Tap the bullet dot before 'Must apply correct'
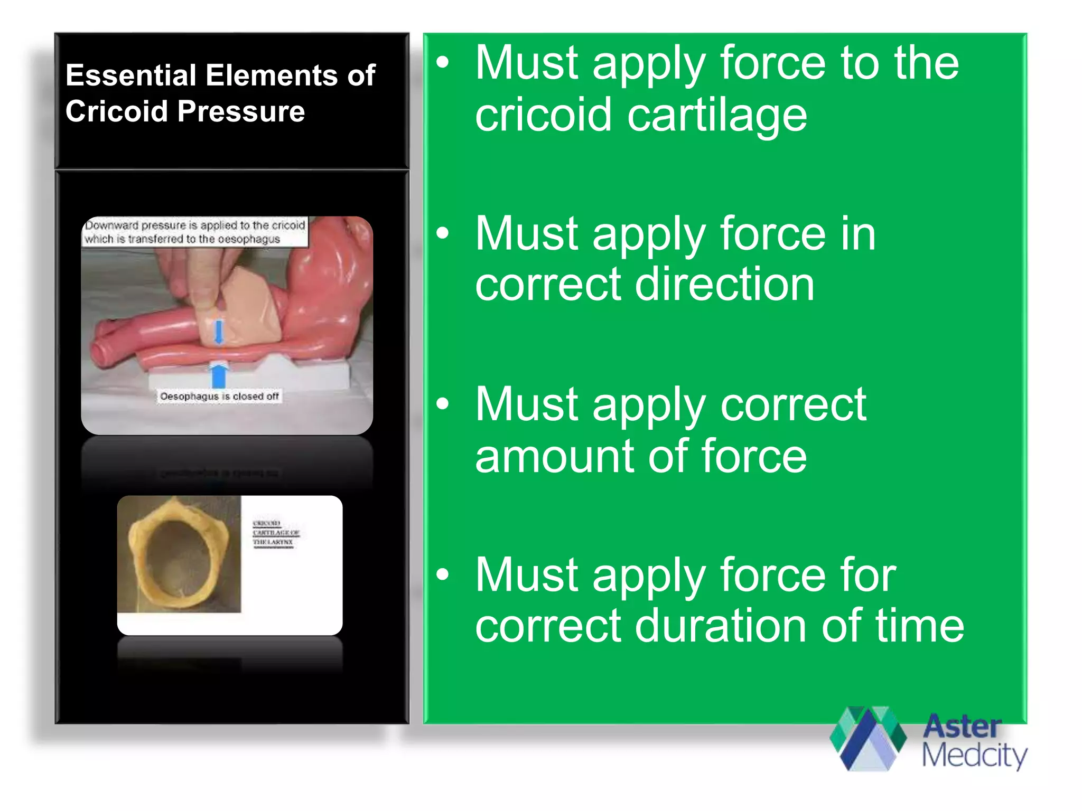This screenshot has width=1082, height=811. [443, 404]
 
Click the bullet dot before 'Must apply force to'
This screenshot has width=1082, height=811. [443, 63]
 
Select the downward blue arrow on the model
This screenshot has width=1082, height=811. [219, 332]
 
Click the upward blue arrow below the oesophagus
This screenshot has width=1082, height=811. [219, 374]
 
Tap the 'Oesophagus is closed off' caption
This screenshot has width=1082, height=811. [219, 396]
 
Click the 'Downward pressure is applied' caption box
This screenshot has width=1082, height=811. [195, 232]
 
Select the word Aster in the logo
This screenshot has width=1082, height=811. [962, 727]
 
